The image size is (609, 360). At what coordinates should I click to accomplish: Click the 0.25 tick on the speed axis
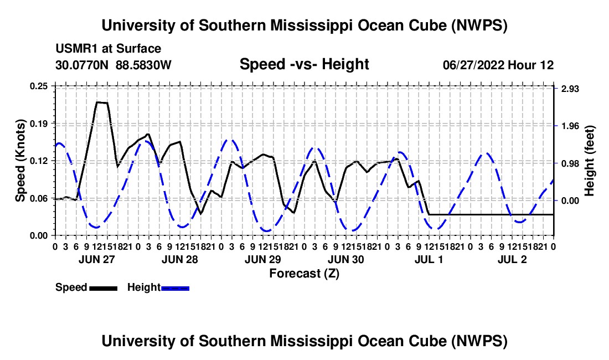[38, 86]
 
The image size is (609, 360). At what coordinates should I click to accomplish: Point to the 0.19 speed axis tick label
[38, 124]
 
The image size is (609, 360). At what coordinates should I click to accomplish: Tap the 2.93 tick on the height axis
[570, 89]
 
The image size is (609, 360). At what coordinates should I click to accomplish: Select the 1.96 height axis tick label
[570, 126]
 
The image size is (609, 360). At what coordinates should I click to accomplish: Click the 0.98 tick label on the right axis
[570, 163]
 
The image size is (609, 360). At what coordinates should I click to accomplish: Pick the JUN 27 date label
[97, 259]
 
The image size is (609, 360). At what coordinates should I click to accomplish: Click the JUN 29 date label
[263, 259]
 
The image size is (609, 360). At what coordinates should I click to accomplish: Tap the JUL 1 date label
[429, 259]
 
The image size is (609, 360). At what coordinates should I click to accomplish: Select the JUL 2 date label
[512, 259]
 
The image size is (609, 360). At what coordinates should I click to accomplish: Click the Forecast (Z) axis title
[304, 274]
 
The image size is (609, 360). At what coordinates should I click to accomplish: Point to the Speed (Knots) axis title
[20, 161]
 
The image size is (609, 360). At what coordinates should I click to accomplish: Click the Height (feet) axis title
[590, 161]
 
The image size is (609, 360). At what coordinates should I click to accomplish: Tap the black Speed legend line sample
[104, 288]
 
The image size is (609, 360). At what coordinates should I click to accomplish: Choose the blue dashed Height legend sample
[175, 288]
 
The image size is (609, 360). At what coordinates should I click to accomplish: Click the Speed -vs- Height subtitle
[304, 64]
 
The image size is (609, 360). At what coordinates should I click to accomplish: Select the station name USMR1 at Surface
[108, 49]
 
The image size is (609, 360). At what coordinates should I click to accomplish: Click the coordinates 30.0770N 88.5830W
[113, 65]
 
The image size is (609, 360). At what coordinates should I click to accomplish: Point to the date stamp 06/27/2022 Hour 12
[498, 65]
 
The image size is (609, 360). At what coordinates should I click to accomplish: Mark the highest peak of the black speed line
[97, 102]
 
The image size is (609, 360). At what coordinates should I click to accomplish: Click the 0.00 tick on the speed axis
[38, 236]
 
